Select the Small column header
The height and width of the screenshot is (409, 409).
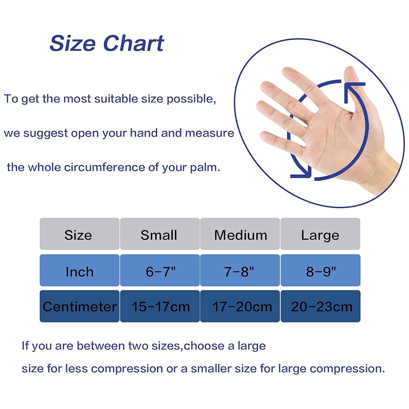pos(159,235)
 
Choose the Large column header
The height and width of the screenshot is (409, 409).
pos(320,235)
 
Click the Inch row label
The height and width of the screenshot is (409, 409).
pos(80,272)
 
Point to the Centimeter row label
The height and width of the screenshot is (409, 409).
pos(80,306)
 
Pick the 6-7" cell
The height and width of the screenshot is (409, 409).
pos(160,272)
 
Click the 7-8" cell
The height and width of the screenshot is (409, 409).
pos(239,272)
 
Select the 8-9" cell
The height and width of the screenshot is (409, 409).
pos(321,272)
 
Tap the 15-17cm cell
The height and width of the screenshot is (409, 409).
pos(160,306)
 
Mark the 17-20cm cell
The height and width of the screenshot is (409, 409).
pos(242,306)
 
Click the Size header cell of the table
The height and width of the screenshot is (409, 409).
pos(78,235)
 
